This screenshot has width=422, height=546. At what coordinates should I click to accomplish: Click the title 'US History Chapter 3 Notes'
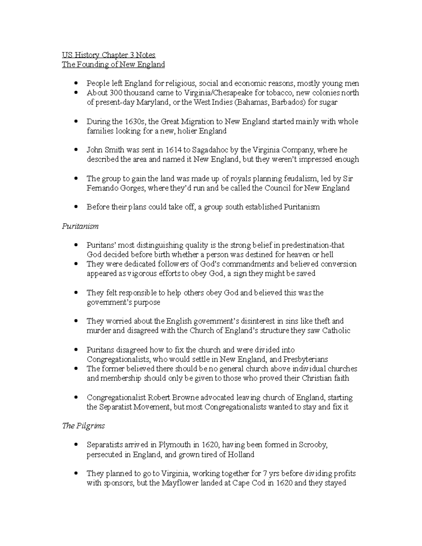(x=109, y=55)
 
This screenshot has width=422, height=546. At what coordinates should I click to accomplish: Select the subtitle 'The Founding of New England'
(x=113, y=65)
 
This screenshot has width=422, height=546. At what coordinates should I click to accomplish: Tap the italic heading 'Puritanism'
(x=80, y=226)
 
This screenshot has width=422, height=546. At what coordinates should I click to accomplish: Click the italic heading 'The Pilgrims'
(x=83, y=426)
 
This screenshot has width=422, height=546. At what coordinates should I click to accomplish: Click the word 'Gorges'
(x=132, y=188)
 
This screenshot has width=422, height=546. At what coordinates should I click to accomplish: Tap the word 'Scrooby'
(x=313, y=445)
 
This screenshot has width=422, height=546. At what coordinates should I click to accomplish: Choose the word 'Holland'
(x=241, y=455)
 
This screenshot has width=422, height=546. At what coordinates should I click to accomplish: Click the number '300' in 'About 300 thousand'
(x=115, y=93)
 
